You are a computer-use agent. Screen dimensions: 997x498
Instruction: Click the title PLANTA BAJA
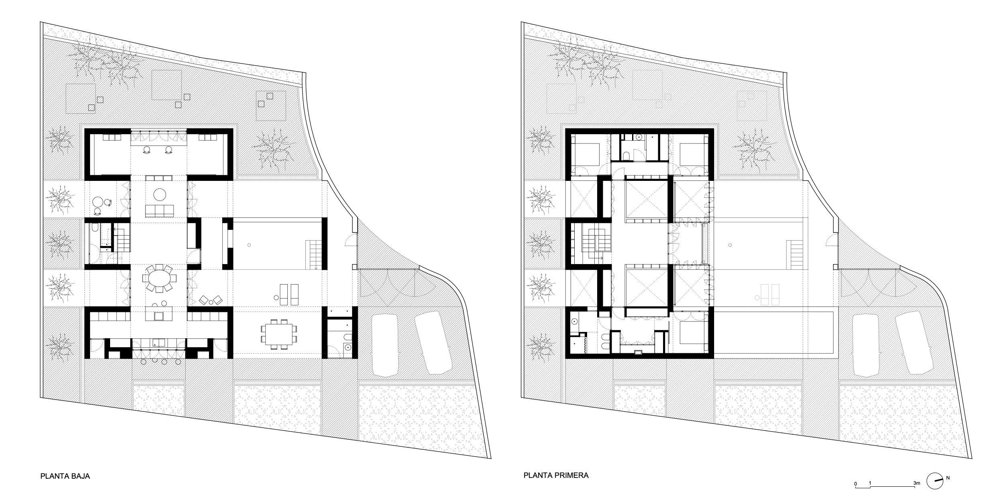tap(65, 476)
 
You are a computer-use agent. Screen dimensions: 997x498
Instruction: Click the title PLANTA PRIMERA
tap(556, 475)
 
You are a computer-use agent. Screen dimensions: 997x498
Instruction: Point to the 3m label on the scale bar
tap(916, 483)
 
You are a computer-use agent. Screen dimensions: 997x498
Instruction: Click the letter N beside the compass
tap(948, 478)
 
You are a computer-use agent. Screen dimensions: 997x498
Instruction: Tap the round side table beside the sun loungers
tap(276, 298)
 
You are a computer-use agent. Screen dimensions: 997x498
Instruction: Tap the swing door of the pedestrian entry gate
tap(350, 240)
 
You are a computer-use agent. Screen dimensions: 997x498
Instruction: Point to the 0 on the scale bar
tap(856, 484)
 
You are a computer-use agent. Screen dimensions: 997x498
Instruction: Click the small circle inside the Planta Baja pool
tap(249, 245)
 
